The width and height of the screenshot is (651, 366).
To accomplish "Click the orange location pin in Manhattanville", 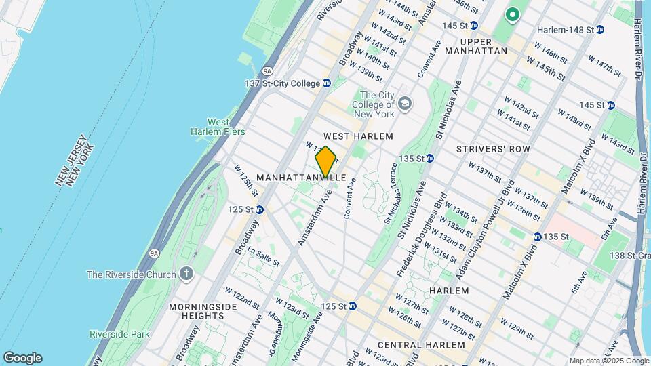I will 325,162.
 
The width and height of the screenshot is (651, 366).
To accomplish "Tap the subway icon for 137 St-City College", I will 326,83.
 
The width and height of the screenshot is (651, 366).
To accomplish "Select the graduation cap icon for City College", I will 405,104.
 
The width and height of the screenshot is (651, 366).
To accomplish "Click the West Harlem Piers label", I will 216,127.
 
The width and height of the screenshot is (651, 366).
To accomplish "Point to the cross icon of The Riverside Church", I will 186,274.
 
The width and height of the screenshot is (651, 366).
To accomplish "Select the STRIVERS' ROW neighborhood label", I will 492,148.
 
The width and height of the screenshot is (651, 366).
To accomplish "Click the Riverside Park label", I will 119,334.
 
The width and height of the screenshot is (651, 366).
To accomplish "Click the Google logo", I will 22,357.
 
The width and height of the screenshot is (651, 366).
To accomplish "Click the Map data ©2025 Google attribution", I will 609,361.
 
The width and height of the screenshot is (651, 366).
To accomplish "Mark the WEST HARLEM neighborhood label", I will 358,136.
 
